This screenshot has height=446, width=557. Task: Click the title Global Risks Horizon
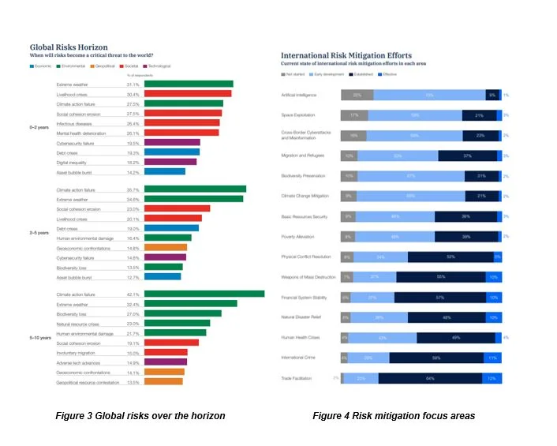coord(69,47)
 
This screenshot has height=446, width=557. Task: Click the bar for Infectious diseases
coord(181,123)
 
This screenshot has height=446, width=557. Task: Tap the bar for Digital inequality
coord(170,162)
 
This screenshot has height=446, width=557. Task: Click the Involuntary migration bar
coord(166,352)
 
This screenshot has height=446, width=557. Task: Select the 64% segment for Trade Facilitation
coord(430,378)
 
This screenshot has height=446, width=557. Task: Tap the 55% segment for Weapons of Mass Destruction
coord(440,277)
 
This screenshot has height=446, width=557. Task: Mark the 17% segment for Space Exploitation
coord(353,114)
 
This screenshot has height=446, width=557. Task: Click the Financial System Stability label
coord(305,298)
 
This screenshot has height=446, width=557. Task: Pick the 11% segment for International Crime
coord(491,358)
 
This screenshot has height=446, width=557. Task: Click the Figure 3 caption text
coord(141,415)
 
